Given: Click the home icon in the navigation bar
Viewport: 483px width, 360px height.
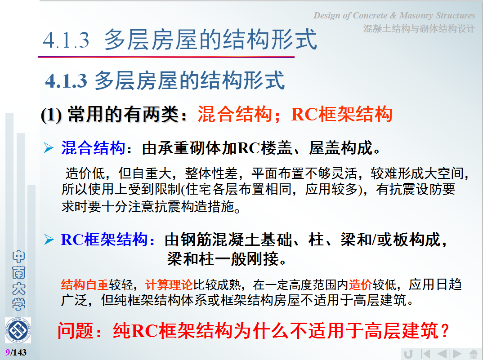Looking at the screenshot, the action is (474, 354).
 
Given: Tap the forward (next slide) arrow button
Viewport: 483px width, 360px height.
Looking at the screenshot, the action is (457, 354).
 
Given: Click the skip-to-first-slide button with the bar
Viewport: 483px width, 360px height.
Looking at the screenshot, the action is (425, 354).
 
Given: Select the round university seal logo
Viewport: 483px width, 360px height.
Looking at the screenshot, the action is (18, 331).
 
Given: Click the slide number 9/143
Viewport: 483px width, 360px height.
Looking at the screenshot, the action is (16, 352).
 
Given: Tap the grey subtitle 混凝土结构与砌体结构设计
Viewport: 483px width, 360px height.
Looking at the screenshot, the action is (419, 29).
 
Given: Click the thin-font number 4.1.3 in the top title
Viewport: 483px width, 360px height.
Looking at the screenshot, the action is (66, 40).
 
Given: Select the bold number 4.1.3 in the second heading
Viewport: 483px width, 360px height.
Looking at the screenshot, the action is (66, 81).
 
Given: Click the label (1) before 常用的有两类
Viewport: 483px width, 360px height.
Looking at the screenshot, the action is (51, 115).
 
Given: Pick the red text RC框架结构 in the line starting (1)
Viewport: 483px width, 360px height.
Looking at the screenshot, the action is (342, 114).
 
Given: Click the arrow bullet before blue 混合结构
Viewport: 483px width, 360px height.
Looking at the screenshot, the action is (49, 147).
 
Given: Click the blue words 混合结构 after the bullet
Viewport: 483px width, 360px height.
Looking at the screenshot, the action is (93, 148).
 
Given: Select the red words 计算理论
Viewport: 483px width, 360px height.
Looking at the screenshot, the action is (169, 284).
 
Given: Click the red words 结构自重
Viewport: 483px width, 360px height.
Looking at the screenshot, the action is (85, 284).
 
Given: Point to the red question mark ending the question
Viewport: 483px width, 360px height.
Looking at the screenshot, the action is (444, 331).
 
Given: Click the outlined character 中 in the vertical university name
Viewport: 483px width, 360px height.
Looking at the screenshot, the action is (18, 257).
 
